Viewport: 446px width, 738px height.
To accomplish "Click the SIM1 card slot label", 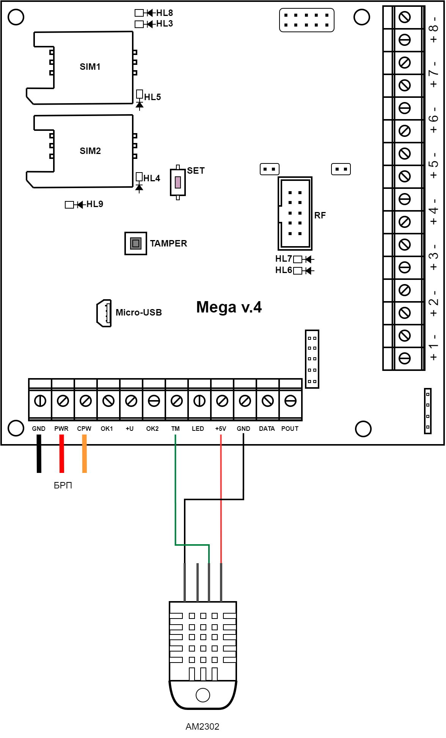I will click(90, 67).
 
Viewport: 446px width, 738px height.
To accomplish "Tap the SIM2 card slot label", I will click(90, 151).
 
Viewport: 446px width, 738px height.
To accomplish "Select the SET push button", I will click(178, 182).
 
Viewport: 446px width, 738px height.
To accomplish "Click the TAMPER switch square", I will click(135, 243).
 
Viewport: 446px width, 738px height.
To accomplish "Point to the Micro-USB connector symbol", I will click(104, 313).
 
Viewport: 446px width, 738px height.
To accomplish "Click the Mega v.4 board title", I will click(229, 307).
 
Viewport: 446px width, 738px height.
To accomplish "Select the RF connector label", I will click(320, 215).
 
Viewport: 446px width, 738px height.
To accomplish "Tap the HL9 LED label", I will click(94, 204).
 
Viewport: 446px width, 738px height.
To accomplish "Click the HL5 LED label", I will click(152, 97).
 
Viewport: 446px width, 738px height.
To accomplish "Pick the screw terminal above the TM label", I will click(177, 401).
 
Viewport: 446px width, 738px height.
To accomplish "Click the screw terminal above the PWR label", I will click(63, 401).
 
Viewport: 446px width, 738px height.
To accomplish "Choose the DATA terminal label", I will click(267, 429).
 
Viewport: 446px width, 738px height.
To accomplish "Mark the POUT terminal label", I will click(290, 429).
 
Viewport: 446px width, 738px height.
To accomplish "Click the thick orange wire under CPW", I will click(85, 454).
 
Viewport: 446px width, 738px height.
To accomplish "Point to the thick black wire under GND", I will click(39, 454).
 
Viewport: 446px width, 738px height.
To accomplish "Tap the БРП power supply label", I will click(63, 485).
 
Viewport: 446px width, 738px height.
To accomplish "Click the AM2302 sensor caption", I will click(202, 727).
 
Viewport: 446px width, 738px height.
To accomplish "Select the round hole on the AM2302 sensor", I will click(203, 695).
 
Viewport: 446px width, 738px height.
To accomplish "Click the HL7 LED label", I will click(283, 259).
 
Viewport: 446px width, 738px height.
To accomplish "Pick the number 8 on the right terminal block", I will click(433, 28).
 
